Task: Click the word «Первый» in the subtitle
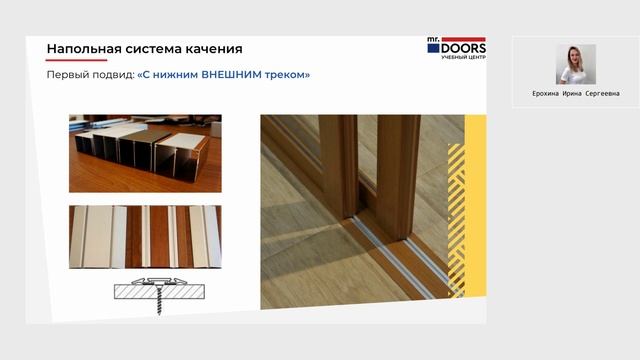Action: (x=66, y=75)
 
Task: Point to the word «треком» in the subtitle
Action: (x=287, y=75)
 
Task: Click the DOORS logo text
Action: (x=463, y=47)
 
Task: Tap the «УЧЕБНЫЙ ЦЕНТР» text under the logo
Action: (x=463, y=57)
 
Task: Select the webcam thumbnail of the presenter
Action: (x=576, y=64)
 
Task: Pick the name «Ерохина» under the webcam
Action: (x=549, y=94)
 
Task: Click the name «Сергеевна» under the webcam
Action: (x=602, y=94)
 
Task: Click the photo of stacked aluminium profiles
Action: (x=145, y=153)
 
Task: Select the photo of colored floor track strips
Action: (x=145, y=237)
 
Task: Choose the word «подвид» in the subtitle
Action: (x=111, y=75)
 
